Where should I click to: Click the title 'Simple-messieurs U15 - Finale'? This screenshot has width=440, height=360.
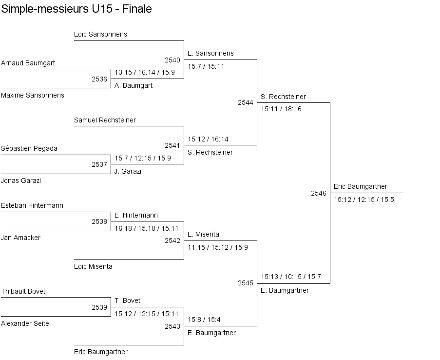point(77,9)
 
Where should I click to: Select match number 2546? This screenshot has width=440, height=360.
point(319,193)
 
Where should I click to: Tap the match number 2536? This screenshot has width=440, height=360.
point(99,79)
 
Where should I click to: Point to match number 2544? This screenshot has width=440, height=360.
point(246,102)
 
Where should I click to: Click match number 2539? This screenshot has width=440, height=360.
point(99,307)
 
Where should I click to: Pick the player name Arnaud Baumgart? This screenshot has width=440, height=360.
point(28,63)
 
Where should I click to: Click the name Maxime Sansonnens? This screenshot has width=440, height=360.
point(33,95)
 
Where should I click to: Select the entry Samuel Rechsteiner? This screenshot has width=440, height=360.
point(105,120)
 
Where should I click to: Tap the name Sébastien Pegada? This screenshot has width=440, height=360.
point(29,148)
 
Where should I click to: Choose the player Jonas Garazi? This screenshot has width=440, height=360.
point(21,180)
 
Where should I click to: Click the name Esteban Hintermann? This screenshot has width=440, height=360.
point(32,205)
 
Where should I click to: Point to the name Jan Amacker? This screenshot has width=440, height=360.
point(21,238)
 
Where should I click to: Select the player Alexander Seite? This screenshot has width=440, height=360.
point(25,323)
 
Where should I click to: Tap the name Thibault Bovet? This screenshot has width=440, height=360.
point(23,291)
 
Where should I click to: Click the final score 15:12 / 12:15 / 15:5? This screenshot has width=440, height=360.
point(364,200)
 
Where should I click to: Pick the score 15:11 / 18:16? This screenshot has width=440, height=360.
point(281,109)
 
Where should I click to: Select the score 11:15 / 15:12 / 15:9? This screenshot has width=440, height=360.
point(218,248)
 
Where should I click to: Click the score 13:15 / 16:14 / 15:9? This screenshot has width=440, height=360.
point(145,73)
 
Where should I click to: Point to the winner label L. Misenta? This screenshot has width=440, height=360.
point(204,234)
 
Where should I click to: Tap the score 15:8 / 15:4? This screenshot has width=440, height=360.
point(204,320)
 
